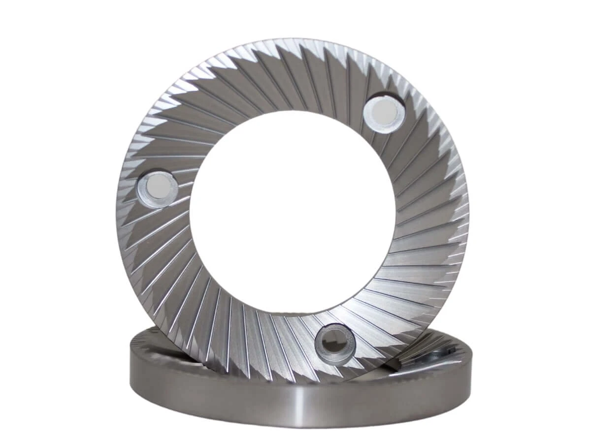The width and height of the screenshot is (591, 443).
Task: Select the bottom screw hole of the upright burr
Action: pos(335,343)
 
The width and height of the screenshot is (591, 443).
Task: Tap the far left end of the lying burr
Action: pos(130,364)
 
